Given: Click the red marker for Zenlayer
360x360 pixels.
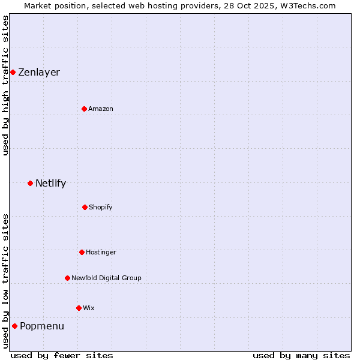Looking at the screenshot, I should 13,72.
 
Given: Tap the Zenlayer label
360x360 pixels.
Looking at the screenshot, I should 39,73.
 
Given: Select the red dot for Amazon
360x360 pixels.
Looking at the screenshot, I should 84,109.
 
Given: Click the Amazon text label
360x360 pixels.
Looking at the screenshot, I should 101,109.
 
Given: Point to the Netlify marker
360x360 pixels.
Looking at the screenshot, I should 30,183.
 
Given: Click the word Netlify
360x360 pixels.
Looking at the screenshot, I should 50,184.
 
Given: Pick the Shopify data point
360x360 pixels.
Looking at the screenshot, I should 85,207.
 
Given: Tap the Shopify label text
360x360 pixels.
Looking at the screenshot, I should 101,208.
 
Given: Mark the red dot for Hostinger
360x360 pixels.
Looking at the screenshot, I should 82,252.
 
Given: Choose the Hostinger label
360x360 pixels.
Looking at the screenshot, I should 101,253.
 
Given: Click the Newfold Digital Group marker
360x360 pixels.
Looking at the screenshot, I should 67,278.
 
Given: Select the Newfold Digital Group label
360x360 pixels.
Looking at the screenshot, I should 106,278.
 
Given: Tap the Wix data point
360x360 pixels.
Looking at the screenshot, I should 79,308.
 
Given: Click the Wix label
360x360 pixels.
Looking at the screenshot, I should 89,308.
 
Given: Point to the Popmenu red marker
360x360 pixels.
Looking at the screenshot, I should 14,326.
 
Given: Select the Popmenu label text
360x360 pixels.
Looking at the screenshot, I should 42,326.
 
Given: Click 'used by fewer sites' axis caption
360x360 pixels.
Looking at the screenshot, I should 62,355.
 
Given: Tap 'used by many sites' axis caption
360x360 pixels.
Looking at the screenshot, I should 301,355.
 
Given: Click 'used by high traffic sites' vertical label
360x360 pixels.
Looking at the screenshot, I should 5,85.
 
